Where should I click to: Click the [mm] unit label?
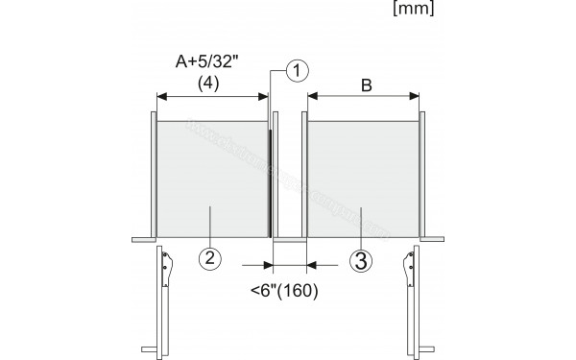point(412,12)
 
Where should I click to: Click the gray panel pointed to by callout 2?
point(211,178)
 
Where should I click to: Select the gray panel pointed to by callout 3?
point(363,178)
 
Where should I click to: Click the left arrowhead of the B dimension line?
point(311,96)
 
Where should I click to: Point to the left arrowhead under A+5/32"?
point(161,96)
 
